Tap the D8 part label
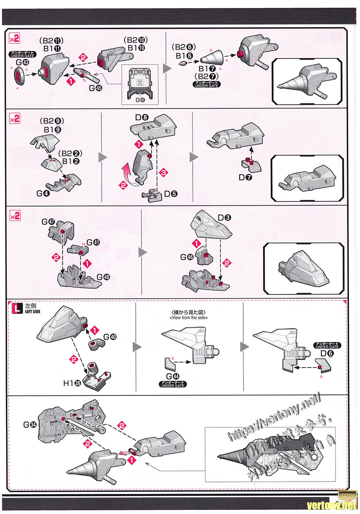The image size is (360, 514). point(141,117)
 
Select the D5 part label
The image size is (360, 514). point(171,194)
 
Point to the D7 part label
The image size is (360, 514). point(246,177)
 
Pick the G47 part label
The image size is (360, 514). point(49,222)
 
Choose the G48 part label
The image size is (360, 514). point(103,277)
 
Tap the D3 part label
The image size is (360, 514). point(224,218)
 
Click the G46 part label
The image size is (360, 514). point(187,257)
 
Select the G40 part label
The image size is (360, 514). point(110,337)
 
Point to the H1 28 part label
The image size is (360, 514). point(72,383)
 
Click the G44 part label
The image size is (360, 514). point(172,377)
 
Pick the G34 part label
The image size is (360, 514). point(30,425)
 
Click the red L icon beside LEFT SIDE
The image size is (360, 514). point(17,308)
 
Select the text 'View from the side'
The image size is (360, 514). point(188,318)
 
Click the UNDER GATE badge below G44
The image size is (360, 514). point(173,384)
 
